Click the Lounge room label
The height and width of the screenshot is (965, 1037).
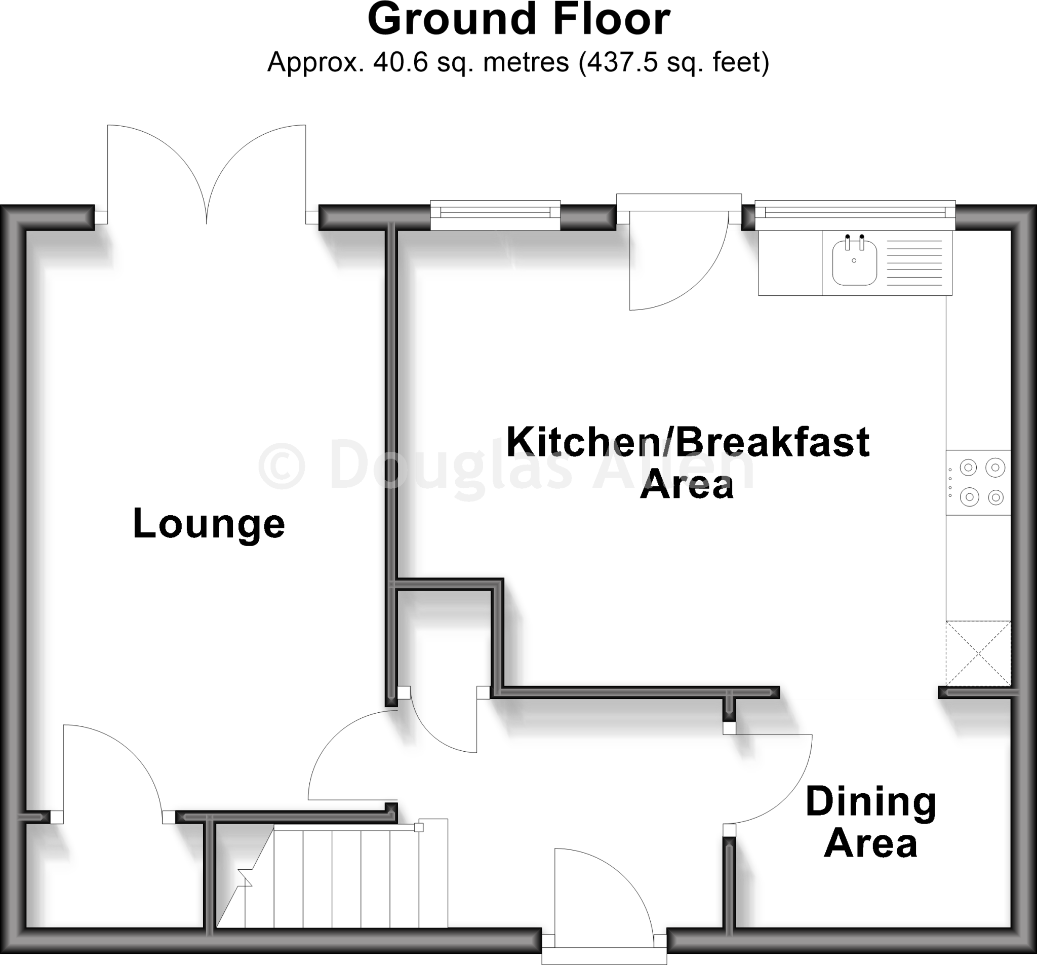click(x=209, y=524)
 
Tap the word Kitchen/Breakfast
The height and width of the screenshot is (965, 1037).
click(x=688, y=442)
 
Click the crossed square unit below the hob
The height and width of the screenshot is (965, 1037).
click(x=978, y=653)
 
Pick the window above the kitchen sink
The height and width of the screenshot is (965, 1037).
click(x=854, y=212)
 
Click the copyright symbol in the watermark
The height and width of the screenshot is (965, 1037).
click(x=282, y=465)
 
